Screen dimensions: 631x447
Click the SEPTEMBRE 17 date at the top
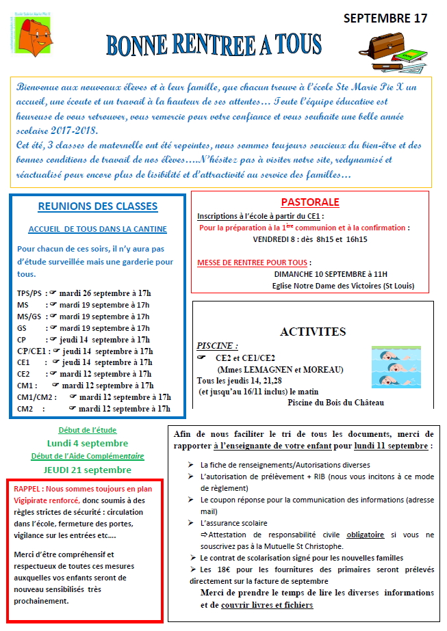385,18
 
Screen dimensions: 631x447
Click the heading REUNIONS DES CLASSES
97,206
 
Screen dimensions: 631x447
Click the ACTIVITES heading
313,332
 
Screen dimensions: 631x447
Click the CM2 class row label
25,409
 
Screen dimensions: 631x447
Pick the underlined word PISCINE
217,346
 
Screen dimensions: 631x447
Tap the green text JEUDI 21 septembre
87,470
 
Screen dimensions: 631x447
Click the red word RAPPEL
28,489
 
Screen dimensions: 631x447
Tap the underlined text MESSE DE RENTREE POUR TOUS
253,263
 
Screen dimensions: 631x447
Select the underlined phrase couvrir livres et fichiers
267,605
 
